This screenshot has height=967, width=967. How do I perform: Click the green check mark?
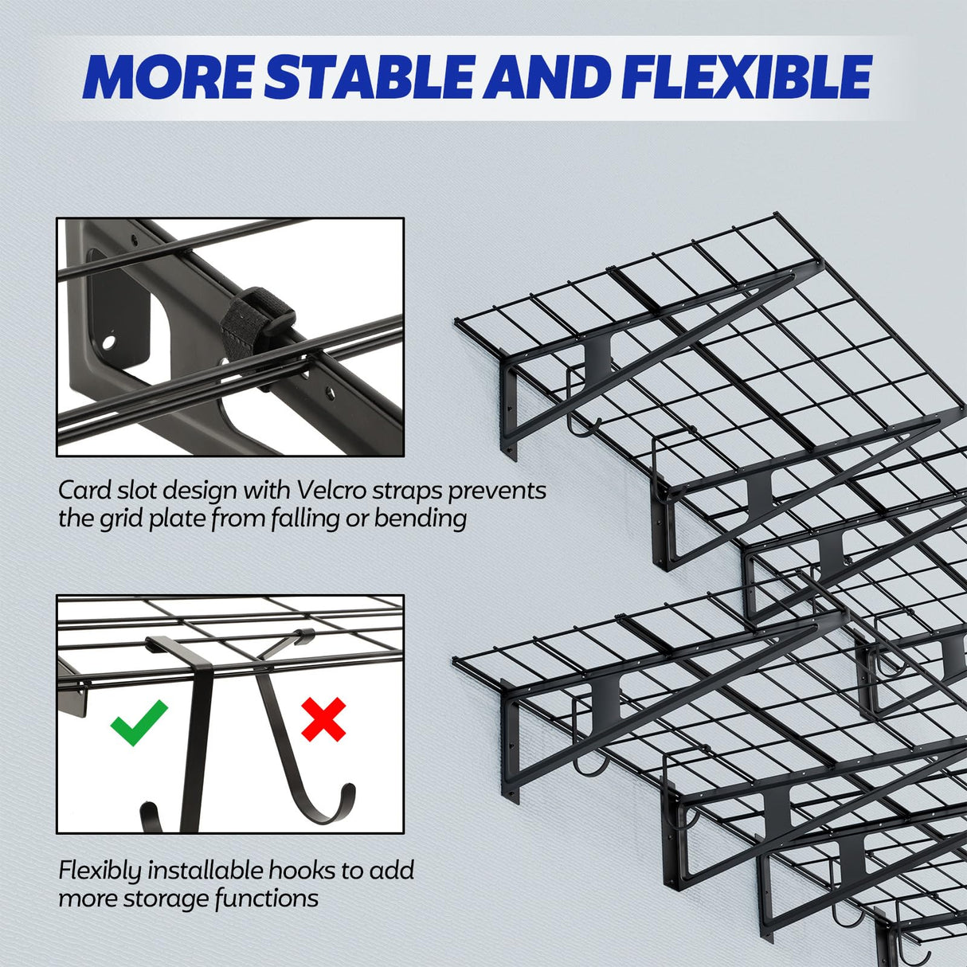[x=139, y=721]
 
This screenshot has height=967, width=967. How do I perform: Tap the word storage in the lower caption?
[x=170, y=898]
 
